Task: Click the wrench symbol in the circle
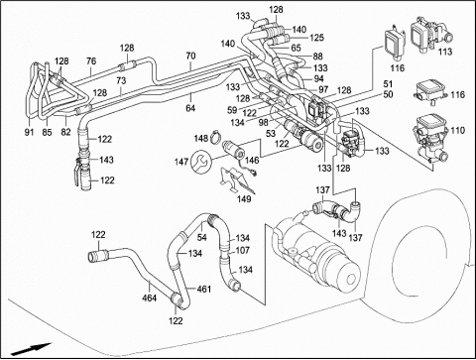[201, 162]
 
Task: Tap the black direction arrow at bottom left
[31, 349]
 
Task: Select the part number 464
[150, 298]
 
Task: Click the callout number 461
[204, 289]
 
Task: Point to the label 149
[244, 199]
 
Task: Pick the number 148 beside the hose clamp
[201, 138]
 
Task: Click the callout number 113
[445, 52]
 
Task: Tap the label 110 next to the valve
[458, 130]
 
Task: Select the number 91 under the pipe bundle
[29, 132]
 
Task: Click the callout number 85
[47, 132]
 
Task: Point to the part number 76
[91, 61]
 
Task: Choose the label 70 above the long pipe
[190, 56]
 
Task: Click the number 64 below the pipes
[190, 108]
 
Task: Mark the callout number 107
[242, 250]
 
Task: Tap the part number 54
[201, 237]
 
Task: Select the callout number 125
[316, 38]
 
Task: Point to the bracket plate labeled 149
[237, 181]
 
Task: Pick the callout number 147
[181, 162]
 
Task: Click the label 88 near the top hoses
[318, 57]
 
